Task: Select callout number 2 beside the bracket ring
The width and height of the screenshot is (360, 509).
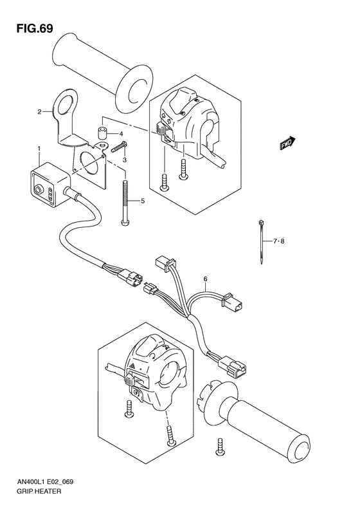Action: pos(39,111)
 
